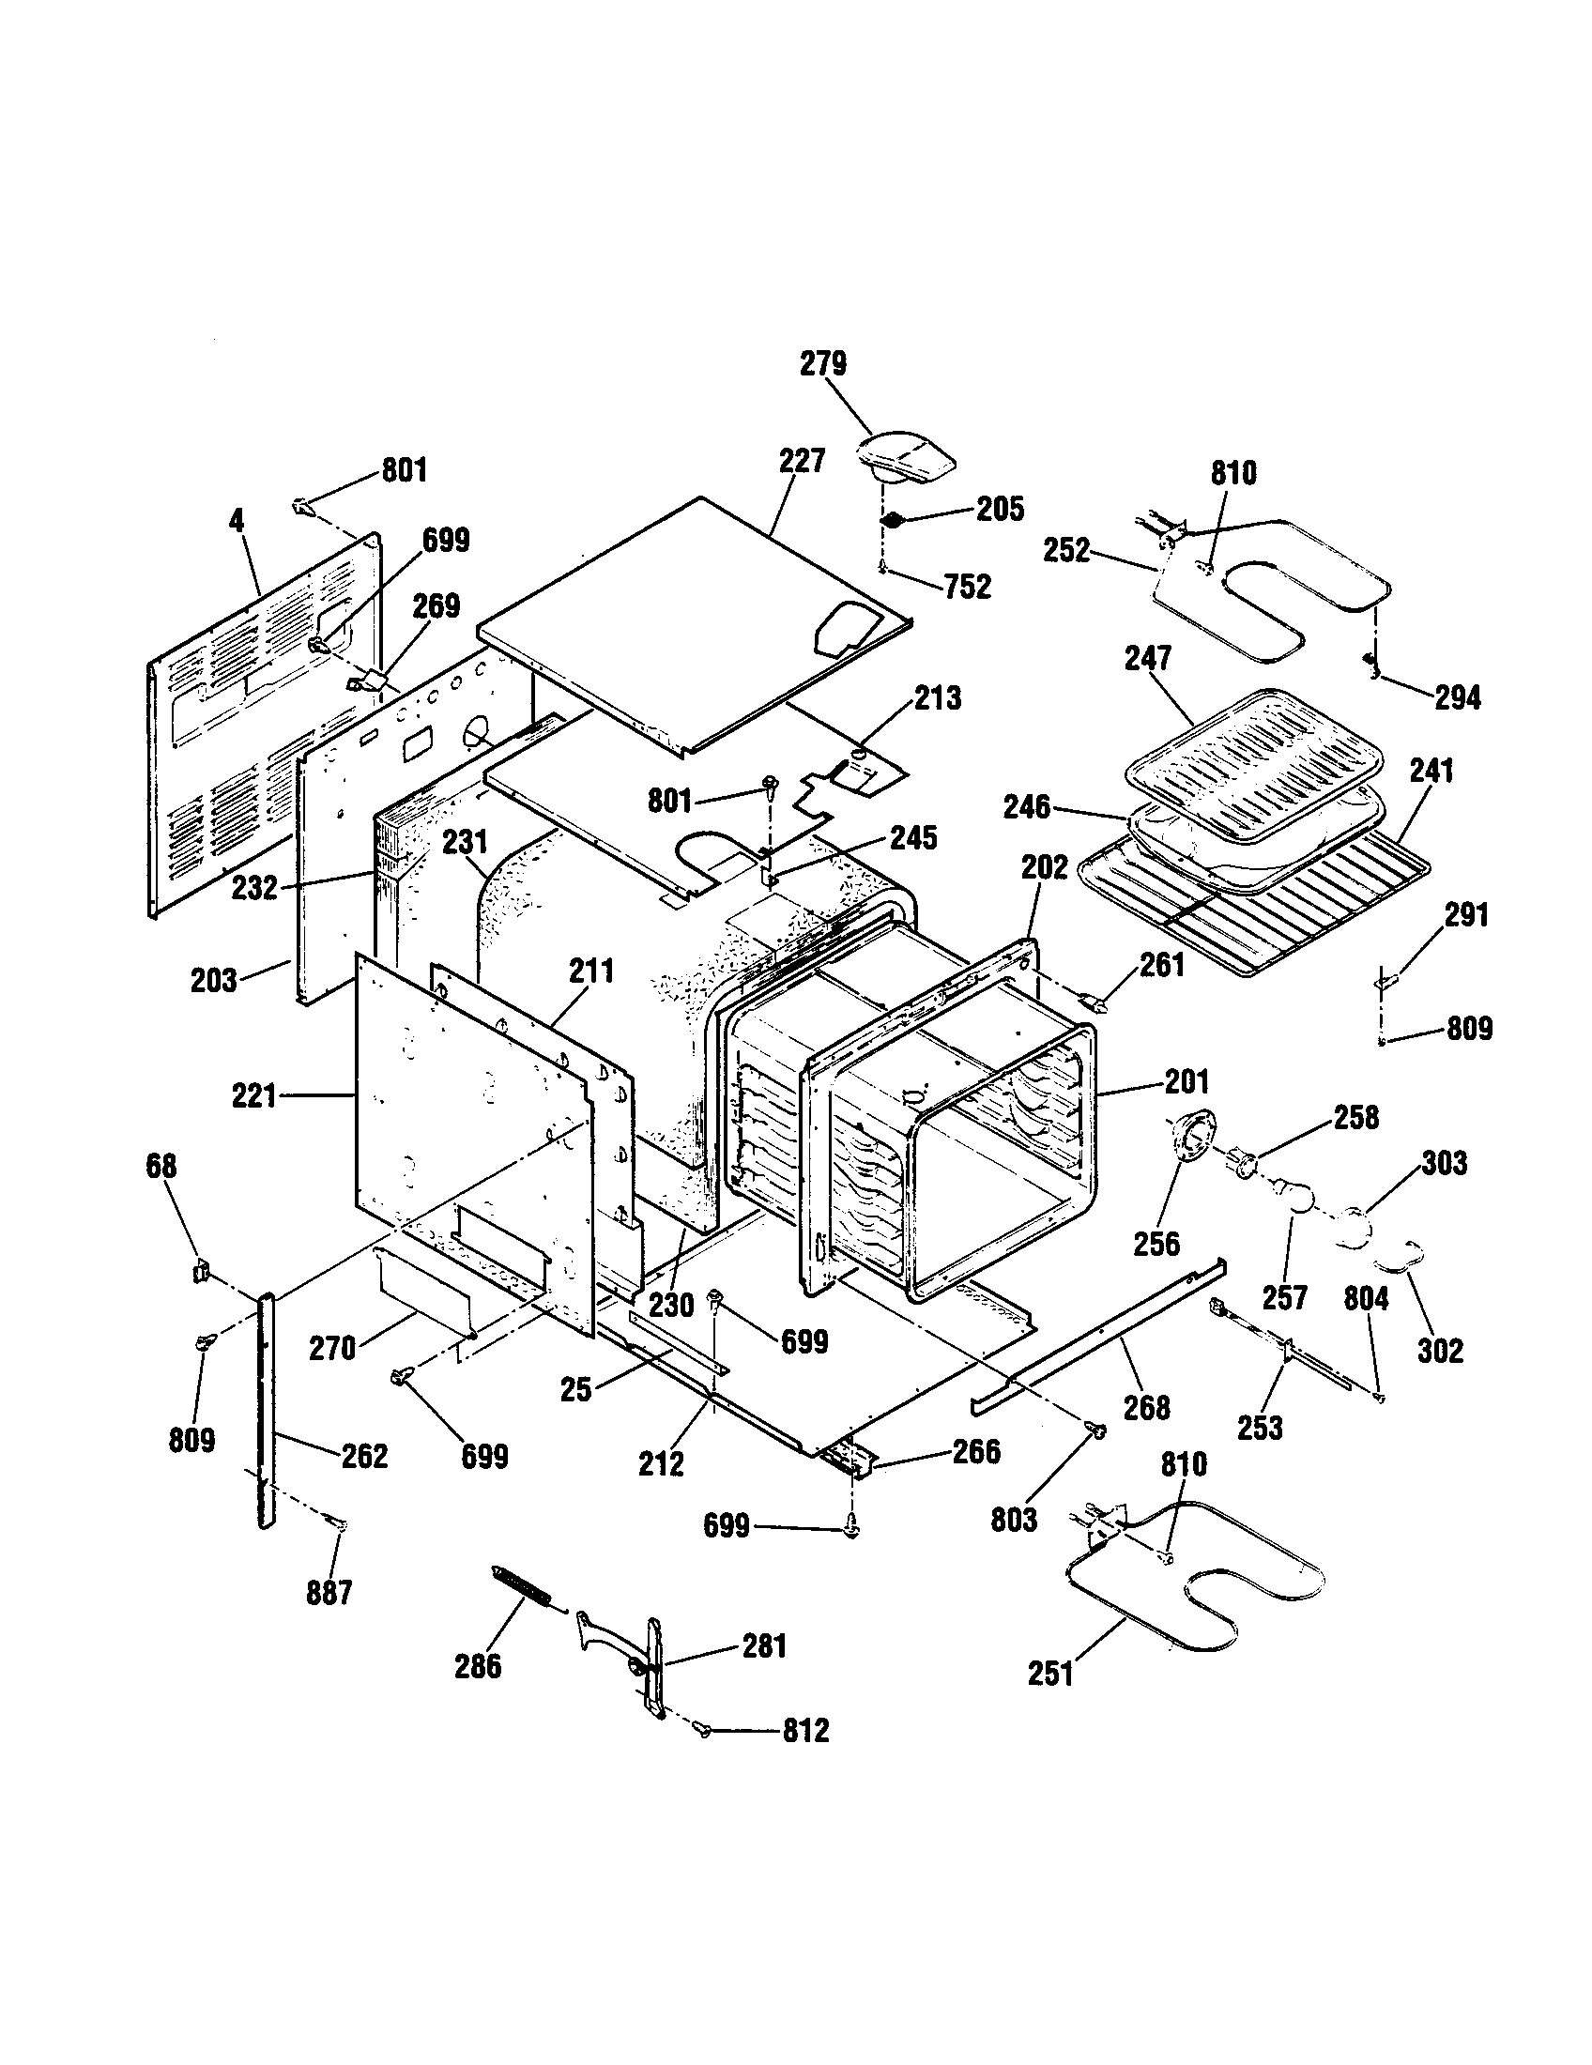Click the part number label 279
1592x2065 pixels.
click(x=822, y=364)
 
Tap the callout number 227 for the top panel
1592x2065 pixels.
click(x=802, y=462)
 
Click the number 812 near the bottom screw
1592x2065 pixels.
click(x=805, y=1731)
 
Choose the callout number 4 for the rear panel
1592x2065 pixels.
click(x=237, y=520)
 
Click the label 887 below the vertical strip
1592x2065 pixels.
click(x=329, y=1593)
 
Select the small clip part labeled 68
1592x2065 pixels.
click(x=200, y=1272)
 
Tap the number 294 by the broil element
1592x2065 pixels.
click(x=1457, y=697)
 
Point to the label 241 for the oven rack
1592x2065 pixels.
click(x=1431, y=771)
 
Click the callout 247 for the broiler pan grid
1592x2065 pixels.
click(x=1148, y=658)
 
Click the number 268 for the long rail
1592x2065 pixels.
click(x=1146, y=1408)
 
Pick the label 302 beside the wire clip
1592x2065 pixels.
click(x=1440, y=1351)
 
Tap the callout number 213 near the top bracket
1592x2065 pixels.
click(x=937, y=697)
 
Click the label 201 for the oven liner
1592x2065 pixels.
click(x=1186, y=1080)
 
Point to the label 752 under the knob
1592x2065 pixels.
click(x=967, y=588)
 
